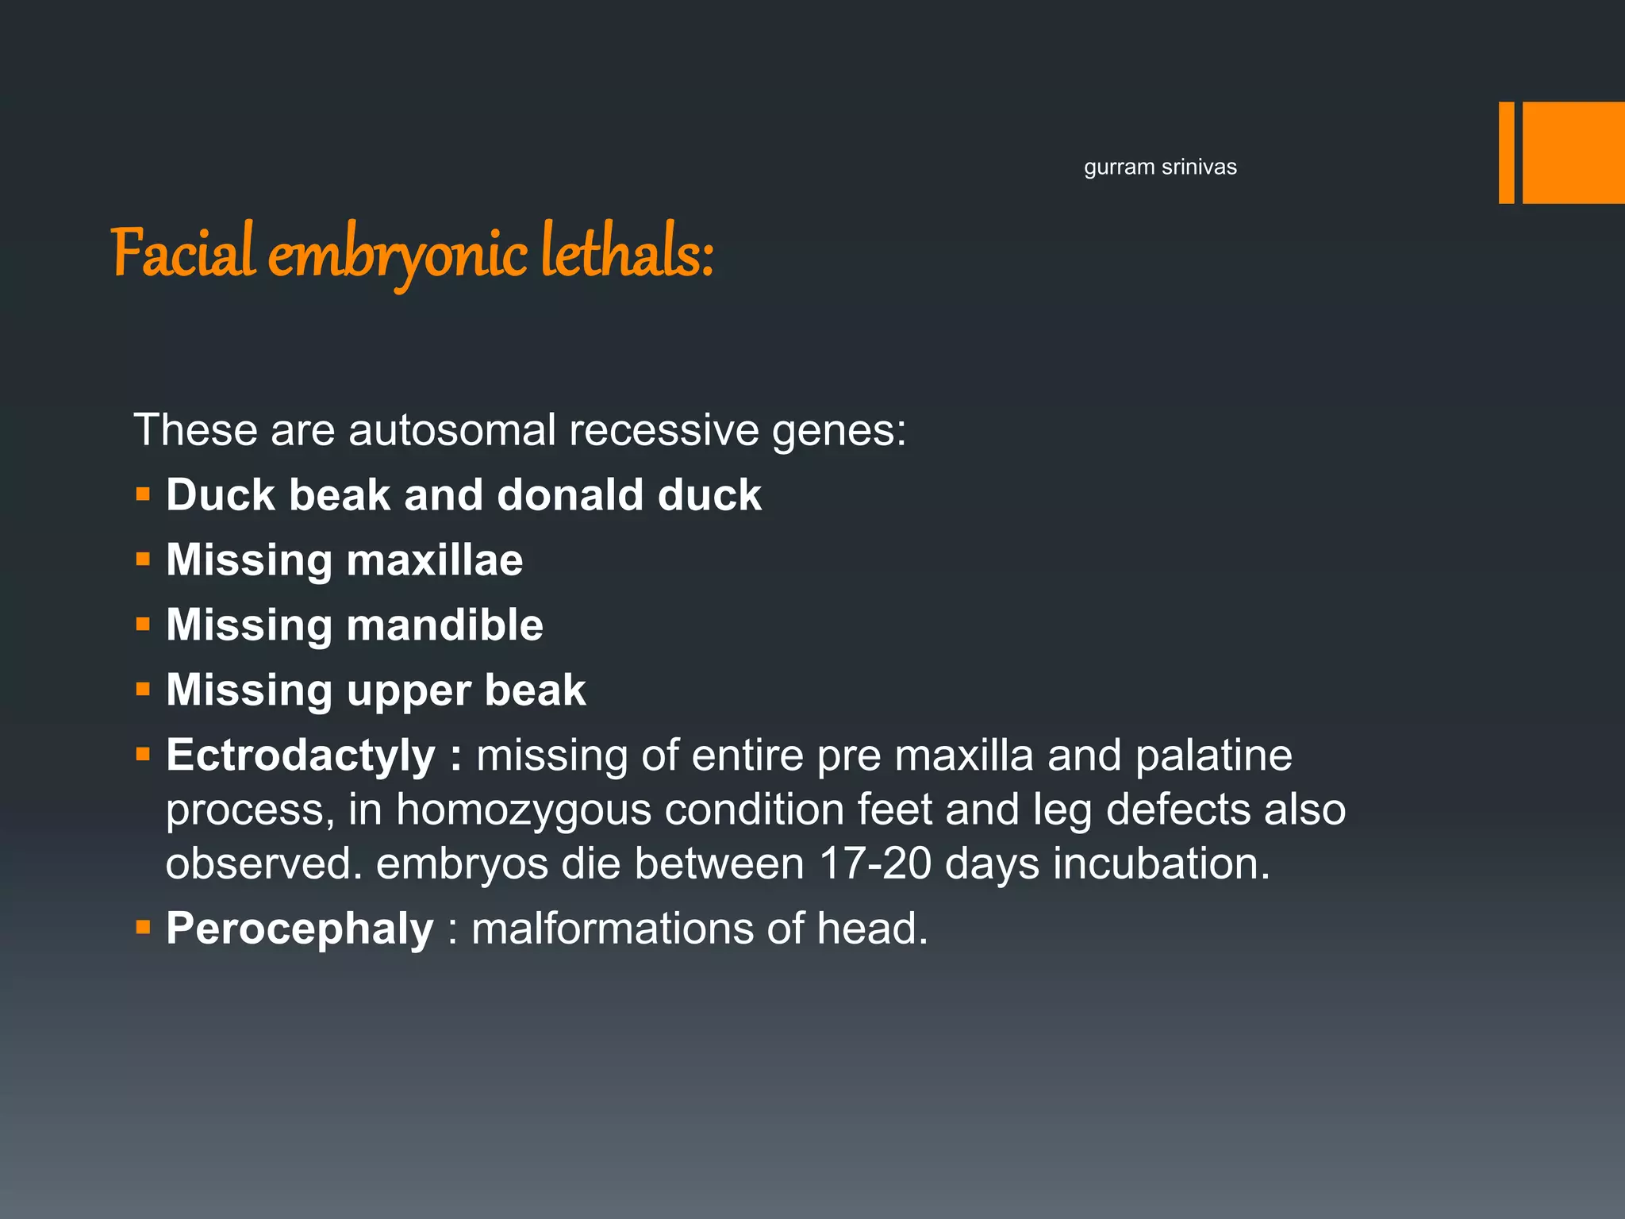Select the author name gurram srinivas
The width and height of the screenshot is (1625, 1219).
click(1160, 167)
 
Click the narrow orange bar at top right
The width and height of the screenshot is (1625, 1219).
click(1506, 152)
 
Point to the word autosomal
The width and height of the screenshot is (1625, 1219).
click(452, 430)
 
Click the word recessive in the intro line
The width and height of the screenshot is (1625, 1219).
click(663, 430)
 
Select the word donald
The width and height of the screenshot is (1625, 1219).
click(570, 495)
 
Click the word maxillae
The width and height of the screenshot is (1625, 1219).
click(435, 560)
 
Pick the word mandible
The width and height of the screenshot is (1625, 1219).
click(444, 625)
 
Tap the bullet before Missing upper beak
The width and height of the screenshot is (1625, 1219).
click(143, 690)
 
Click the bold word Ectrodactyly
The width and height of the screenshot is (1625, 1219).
click(301, 755)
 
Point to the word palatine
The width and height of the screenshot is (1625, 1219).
click(1213, 755)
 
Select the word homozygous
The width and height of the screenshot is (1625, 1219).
click(522, 809)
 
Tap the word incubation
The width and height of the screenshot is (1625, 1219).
click(1161, 863)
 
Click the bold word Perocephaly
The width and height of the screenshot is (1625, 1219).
click(300, 929)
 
